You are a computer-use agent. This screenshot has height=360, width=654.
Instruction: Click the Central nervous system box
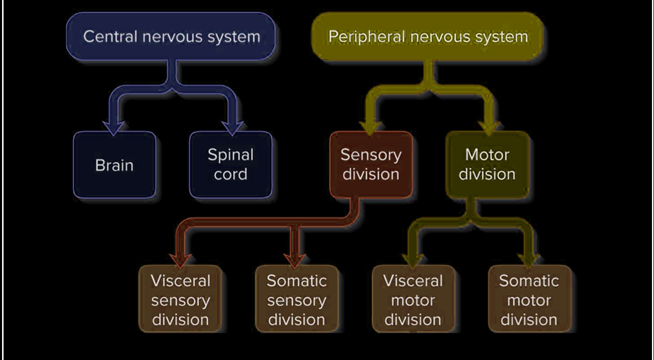point(171,36)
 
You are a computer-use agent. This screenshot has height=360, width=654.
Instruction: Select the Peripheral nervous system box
point(427,37)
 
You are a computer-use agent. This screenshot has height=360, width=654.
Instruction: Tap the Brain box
point(114,165)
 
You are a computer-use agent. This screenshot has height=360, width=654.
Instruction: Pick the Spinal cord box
point(230,164)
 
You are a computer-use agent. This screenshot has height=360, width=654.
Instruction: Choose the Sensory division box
point(371,164)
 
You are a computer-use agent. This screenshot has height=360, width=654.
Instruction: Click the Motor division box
point(487,164)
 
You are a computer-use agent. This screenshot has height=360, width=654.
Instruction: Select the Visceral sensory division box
point(180,299)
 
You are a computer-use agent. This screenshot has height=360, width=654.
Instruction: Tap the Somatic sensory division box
point(297,299)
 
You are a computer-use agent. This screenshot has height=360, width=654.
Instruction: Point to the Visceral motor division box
point(413,299)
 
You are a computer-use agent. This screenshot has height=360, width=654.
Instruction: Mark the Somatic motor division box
point(529,299)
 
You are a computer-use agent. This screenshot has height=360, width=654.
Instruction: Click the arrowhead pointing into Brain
point(114,126)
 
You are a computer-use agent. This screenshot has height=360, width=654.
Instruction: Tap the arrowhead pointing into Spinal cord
point(233,126)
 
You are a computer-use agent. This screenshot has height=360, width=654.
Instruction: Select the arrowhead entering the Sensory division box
point(371,126)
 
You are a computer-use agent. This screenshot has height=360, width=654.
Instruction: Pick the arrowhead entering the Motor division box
point(490,126)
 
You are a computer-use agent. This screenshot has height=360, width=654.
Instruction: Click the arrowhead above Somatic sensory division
point(294,259)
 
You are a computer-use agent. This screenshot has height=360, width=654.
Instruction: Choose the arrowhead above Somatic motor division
point(529,259)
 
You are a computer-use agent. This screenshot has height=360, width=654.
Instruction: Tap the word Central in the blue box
point(110,36)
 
